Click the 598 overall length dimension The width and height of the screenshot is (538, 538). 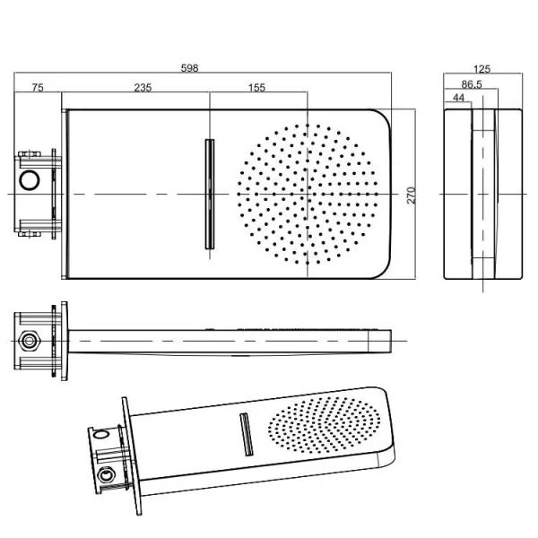pos(189,67)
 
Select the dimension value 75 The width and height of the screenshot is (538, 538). pos(38,87)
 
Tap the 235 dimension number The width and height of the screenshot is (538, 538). pos(142,87)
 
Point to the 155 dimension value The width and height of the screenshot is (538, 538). pos(256,87)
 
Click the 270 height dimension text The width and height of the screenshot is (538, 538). pos(412,195)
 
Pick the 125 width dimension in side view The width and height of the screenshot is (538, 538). pos(482,68)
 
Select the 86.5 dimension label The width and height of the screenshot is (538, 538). pos(472,83)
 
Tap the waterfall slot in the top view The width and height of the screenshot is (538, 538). pos(210,194)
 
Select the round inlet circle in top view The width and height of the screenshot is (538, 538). pos(30,180)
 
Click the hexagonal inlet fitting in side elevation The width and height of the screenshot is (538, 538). pos(29,341)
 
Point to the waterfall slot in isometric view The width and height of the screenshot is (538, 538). pos(244,433)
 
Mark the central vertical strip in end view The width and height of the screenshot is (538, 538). pos(483,195)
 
